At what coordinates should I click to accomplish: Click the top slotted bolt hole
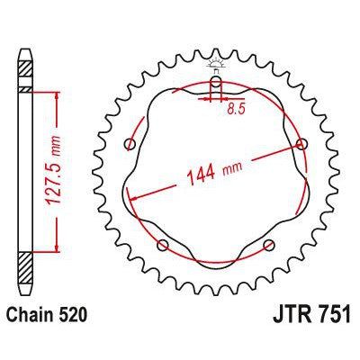coord(215,87)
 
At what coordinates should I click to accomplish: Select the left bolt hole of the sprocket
coord(131,146)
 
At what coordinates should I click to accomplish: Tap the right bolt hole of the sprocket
coord(301,145)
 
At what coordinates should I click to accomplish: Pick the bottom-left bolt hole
coord(163,245)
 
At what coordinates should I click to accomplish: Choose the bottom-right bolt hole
coord(268,245)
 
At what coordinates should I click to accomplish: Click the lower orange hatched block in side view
coord(26,268)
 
